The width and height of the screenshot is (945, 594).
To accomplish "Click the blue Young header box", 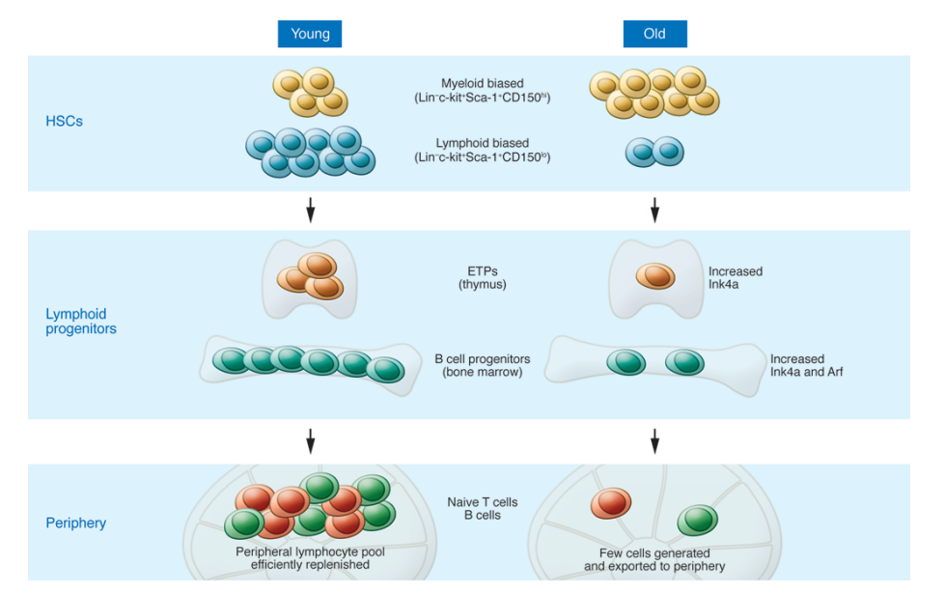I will point(310,34).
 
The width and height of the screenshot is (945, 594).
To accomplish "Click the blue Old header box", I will point(655,34).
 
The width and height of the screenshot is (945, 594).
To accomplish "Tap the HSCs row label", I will point(64,122).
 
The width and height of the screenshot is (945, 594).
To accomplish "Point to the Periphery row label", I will point(76,523).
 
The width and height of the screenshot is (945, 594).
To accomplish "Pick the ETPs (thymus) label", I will point(482,278).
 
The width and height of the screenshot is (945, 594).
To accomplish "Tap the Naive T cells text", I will point(482,502).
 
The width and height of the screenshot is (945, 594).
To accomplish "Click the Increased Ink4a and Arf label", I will point(806,365).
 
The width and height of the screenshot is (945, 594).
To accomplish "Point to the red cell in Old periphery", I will point(610,502).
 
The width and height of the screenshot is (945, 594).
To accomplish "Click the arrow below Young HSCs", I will point(310,209).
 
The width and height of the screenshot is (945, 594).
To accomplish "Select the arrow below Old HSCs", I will point(655,209).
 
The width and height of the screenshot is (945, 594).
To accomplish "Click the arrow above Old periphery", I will point(655,441).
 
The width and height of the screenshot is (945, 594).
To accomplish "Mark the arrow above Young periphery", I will point(310,441).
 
